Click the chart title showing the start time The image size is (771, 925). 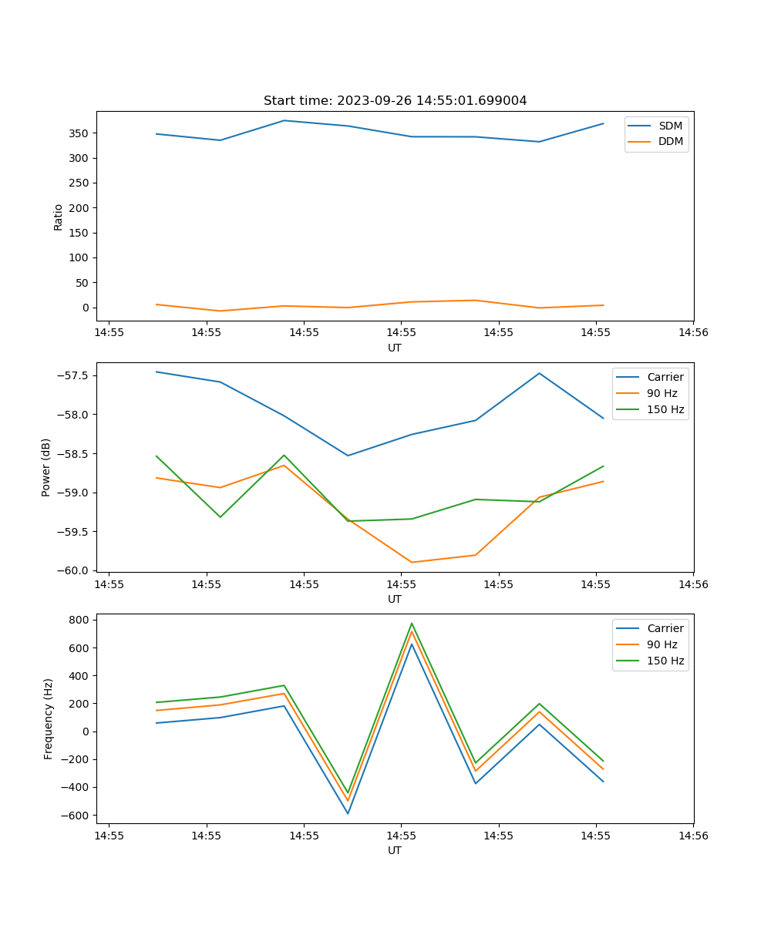pyautogui.click(x=395, y=101)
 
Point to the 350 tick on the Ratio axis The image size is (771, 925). pyautogui.click(x=80, y=133)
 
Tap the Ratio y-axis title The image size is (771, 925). pyautogui.click(x=59, y=217)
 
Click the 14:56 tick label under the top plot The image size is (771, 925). pyautogui.click(x=692, y=333)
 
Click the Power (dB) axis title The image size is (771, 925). pyautogui.click(x=46, y=467)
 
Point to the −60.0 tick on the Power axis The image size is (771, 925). pyautogui.click(x=75, y=570)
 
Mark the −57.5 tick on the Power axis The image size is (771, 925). pyautogui.click(x=75, y=375)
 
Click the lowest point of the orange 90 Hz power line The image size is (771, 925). pyautogui.click(x=412, y=562)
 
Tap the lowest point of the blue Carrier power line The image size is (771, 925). pyautogui.click(x=348, y=456)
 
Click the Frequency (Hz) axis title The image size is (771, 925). pyautogui.click(x=48, y=718)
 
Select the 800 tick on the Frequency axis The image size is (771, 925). pyautogui.click(x=80, y=620)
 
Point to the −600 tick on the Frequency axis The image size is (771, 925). pyautogui.click(x=77, y=816)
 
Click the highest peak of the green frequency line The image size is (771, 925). pyautogui.click(x=412, y=623)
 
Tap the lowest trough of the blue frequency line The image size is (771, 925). pyautogui.click(x=348, y=813)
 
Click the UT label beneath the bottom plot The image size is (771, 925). pyautogui.click(x=395, y=850)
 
